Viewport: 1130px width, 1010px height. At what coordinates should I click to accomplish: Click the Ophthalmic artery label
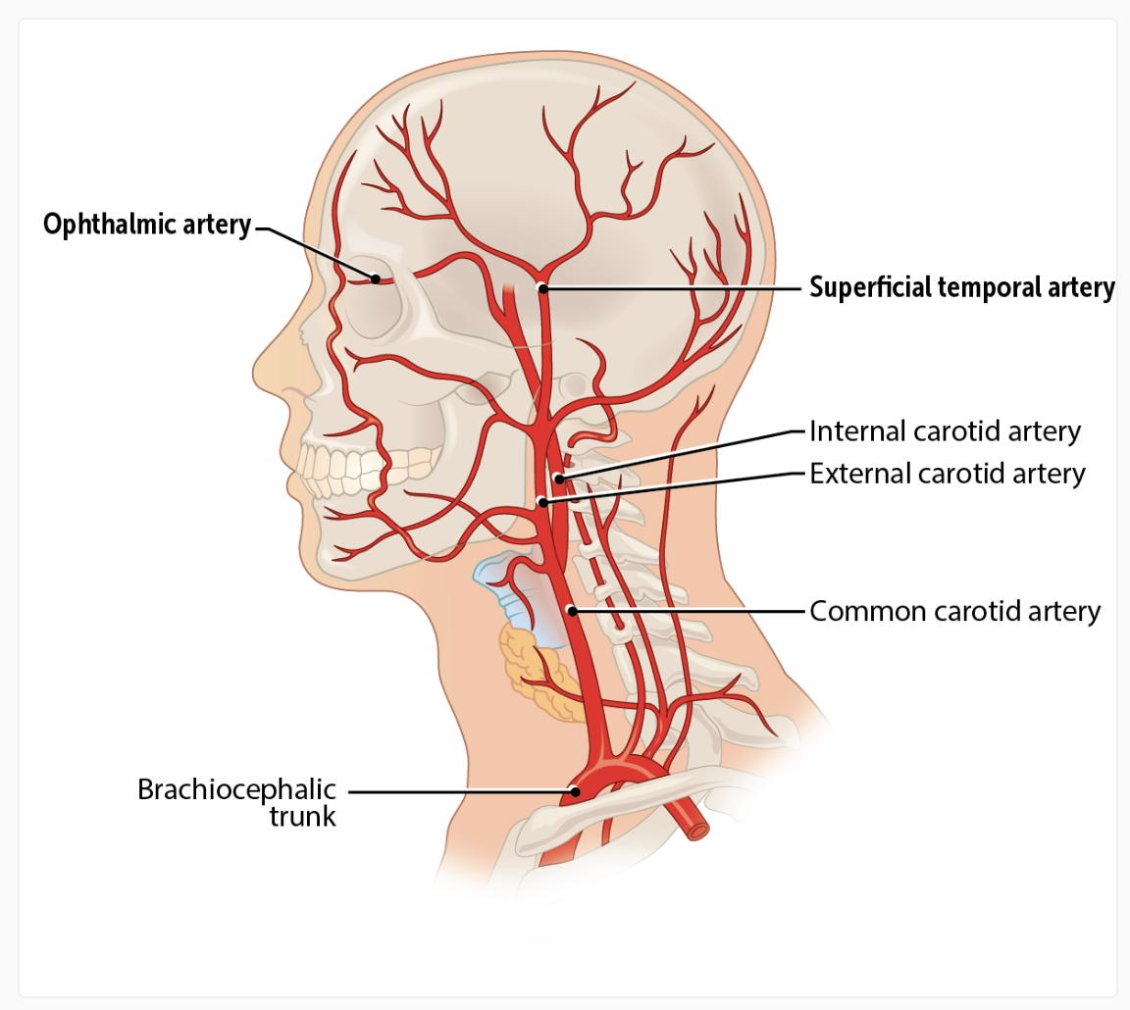[147, 226]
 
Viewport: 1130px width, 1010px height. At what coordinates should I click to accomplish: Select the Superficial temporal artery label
[961, 288]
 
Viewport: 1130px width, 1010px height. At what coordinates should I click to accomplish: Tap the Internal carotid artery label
[945, 431]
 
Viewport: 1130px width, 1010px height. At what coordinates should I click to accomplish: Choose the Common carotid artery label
[954, 612]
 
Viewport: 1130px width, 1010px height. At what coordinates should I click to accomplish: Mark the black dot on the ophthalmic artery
[375, 278]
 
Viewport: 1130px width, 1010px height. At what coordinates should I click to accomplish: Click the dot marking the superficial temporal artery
[541, 288]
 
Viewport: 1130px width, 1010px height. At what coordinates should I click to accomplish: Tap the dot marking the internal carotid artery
[557, 480]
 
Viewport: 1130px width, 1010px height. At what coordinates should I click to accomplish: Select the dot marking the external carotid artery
[542, 503]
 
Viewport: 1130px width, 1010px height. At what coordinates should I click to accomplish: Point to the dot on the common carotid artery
[572, 611]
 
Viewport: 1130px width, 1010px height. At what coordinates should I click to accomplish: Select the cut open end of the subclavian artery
[696, 830]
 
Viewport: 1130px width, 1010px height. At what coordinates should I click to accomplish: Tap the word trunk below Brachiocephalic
[303, 816]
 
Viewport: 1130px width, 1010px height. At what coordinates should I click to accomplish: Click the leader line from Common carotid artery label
[687, 611]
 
